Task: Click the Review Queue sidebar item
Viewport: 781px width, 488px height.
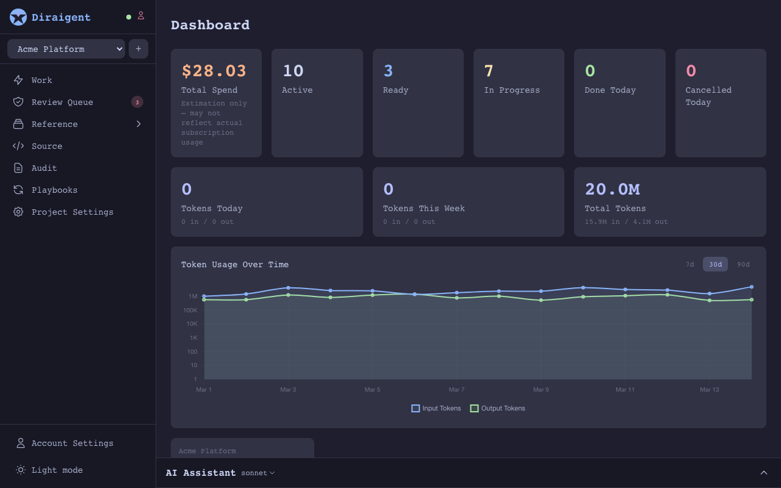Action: coord(62,102)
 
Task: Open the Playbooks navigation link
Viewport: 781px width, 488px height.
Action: coord(54,190)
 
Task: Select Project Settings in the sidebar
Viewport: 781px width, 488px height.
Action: coord(72,212)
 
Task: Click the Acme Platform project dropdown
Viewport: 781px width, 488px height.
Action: coord(66,49)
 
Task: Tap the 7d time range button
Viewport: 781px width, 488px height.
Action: coord(689,264)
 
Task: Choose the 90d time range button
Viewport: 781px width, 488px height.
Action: coord(743,264)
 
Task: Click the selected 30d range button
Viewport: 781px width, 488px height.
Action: coord(715,264)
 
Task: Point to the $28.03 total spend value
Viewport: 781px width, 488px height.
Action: coord(214,71)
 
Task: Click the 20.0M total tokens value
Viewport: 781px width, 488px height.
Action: coord(612,189)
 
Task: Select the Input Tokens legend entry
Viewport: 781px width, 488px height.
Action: coord(436,408)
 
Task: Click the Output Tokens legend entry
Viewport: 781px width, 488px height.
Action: coord(497,408)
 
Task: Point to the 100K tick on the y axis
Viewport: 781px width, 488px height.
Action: coord(191,310)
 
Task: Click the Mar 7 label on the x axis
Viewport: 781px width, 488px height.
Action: coord(456,389)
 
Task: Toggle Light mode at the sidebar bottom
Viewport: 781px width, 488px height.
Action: coord(57,470)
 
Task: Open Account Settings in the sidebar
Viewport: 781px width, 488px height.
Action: coord(72,443)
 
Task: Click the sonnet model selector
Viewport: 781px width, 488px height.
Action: coord(257,473)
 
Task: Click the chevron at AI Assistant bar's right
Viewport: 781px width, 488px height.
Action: coord(763,473)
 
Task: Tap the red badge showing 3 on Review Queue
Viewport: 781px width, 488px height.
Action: coord(137,102)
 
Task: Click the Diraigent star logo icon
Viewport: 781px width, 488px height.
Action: coord(18,17)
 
